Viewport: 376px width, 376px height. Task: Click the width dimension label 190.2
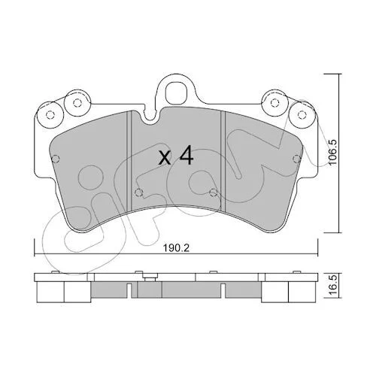(176, 248)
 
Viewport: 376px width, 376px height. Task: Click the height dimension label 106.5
(333, 153)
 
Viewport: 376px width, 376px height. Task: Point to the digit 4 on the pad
(186, 155)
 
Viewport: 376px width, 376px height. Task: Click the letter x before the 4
(165, 159)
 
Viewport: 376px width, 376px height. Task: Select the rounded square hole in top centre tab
(177, 91)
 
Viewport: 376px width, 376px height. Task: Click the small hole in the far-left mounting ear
(50, 115)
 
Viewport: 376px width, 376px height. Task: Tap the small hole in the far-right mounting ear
(302, 114)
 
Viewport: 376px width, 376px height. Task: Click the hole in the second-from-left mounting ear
(77, 103)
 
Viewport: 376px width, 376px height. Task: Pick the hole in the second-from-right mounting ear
(275, 102)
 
